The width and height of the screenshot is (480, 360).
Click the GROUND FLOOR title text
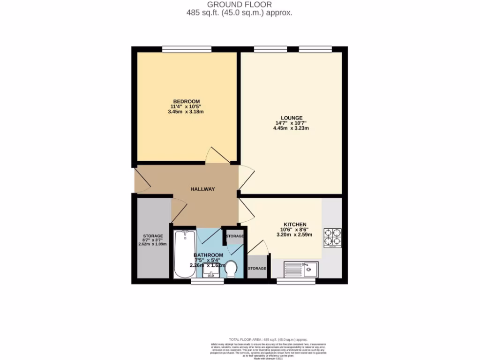click(x=240, y=5)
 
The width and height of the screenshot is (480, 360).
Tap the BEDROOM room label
click(x=187, y=102)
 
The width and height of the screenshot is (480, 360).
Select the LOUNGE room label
click(x=292, y=118)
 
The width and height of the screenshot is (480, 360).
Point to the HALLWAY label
click(x=202, y=189)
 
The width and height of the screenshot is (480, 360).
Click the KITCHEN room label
click(x=295, y=224)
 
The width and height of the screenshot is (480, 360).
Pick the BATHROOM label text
click(x=209, y=255)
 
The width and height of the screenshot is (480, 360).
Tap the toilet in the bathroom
click(x=231, y=270)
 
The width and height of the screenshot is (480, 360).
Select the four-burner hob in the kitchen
click(x=332, y=238)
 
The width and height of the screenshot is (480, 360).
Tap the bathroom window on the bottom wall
click(x=207, y=281)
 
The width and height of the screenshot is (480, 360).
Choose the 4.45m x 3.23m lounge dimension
click(x=292, y=128)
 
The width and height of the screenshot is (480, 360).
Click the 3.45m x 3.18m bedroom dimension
click(x=187, y=112)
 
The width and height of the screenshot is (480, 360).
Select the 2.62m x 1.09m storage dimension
click(x=153, y=244)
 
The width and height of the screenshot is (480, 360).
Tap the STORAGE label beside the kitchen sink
click(x=257, y=269)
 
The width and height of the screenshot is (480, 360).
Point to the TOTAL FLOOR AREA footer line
click(x=268, y=339)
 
